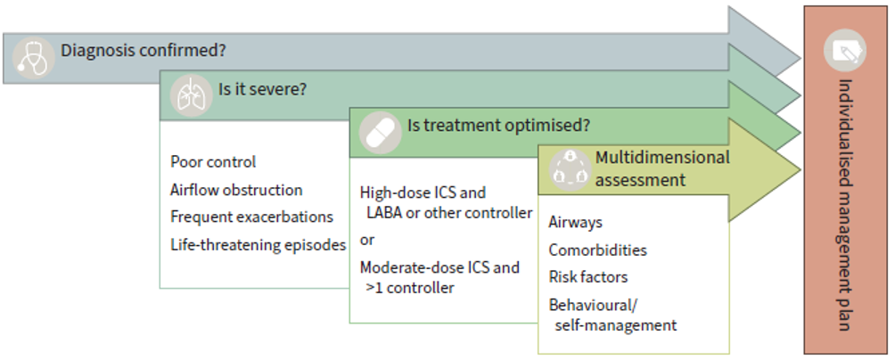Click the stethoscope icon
coord(33,57)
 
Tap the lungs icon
coord(192,96)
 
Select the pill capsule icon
coord(380,133)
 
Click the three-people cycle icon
coord(570,169)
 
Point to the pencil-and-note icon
coord(845,50)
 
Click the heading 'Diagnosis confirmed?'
coord(144,50)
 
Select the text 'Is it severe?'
coord(263,90)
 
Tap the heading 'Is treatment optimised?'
coord(498,125)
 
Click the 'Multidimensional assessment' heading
coord(662,168)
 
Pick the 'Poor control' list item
coord(213,162)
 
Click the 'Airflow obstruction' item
coord(236,190)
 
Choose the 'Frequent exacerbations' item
coord(251,217)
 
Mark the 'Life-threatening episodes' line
coord(258,245)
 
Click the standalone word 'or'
coord(367,241)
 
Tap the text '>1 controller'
coord(410,288)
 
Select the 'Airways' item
coord(575,223)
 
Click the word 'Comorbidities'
coord(597,250)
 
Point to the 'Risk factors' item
coord(588,277)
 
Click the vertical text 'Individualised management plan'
coord(845,204)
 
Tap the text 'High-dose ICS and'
coord(423,192)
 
